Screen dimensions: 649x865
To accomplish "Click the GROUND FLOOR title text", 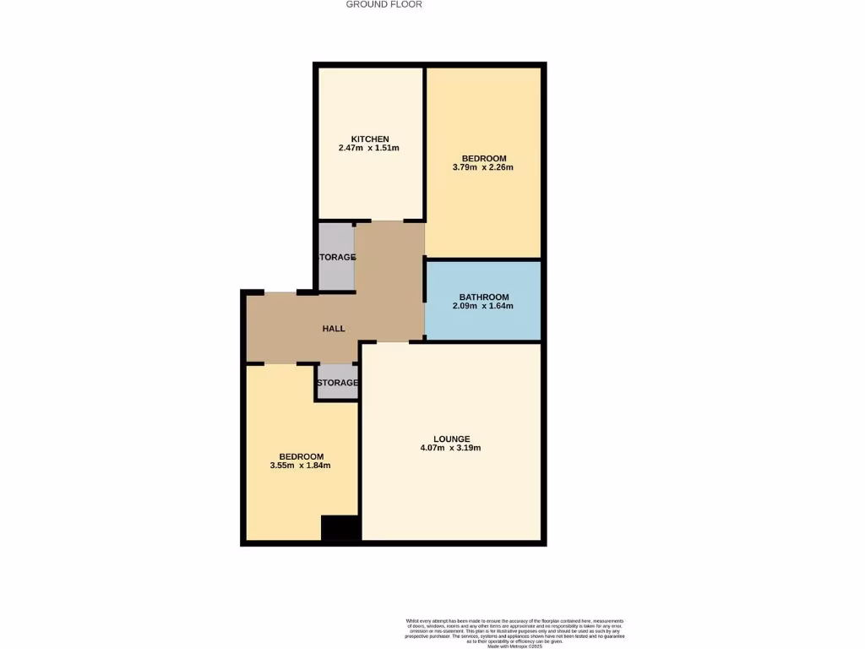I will click(x=384, y=4).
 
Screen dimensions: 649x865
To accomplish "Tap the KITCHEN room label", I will click(x=370, y=139).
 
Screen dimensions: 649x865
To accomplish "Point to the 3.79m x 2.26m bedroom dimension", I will click(x=483, y=167).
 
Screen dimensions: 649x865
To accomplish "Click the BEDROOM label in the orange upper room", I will click(x=483, y=158).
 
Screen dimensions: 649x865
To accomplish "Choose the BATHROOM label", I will click(x=483, y=297).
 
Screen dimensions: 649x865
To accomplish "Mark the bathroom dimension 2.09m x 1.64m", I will click(x=483, y=306).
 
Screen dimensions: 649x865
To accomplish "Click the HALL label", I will click(x=334, y=328).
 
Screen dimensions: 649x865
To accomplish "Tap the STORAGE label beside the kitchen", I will click(x=336, y=257).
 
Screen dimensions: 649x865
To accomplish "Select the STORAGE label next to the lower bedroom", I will click(x=337, y=383).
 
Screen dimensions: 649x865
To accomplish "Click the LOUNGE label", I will click(x=451, y=439).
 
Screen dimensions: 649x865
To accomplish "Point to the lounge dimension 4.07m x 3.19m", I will click(x=451, y=448).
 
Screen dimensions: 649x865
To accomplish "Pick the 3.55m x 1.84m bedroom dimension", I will click(x=300, y=465).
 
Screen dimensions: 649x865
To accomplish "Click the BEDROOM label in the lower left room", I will click(x=301, y=455).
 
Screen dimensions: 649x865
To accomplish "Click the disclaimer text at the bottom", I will click(x=514, y=632).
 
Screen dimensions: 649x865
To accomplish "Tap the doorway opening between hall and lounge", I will click(x=385, y=342).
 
